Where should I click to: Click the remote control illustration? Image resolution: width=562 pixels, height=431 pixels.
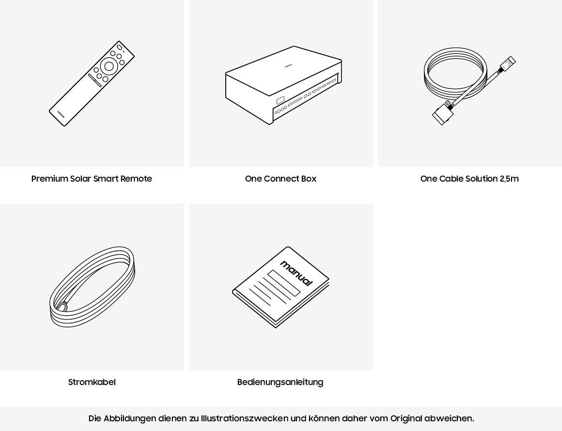click(92, 83)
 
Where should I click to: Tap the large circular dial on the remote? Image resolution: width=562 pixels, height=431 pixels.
click(109, 66)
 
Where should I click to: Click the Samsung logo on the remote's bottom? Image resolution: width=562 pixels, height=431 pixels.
click(61, 114)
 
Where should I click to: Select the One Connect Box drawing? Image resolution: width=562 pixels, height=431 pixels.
click(283, 85)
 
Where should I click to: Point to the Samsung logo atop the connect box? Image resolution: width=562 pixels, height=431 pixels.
click(288, 65)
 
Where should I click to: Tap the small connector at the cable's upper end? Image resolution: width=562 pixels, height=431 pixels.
click(508, 63)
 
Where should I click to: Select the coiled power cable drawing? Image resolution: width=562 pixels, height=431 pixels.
click(92, 287)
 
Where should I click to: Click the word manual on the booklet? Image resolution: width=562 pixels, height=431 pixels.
click(296, 273)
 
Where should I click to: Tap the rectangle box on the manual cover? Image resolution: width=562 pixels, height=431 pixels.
click(283, 283)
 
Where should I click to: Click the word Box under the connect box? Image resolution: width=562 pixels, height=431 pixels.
click(309, 178)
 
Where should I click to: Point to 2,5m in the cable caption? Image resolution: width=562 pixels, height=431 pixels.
click(509, 178)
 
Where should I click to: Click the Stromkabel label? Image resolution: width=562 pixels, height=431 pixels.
click(92, 382)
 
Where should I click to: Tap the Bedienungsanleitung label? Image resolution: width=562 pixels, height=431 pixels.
click(281, 382)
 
